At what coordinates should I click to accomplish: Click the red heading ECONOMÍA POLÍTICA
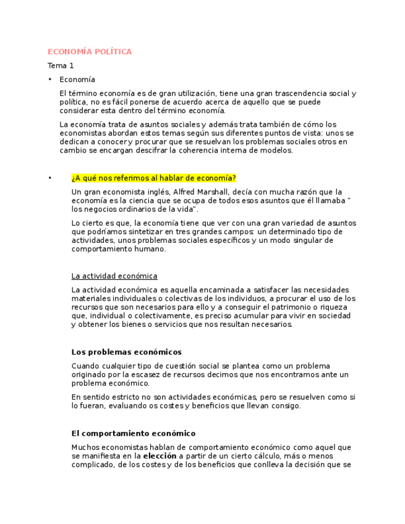click(x=90, y=52)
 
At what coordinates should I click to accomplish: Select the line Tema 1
click(x=61, y=65)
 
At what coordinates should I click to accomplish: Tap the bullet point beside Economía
click(x=49, y=80)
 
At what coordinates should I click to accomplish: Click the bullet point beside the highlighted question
click(x=49, y=179)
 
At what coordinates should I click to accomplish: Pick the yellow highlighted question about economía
click(x=153, y=179)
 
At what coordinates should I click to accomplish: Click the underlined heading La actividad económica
click(x=114, y=276)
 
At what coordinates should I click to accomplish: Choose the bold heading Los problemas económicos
click(x=126, y=352)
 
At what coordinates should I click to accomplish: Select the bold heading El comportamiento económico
click(x=133, y=434)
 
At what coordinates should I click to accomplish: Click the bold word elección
click(x=160, y=456)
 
